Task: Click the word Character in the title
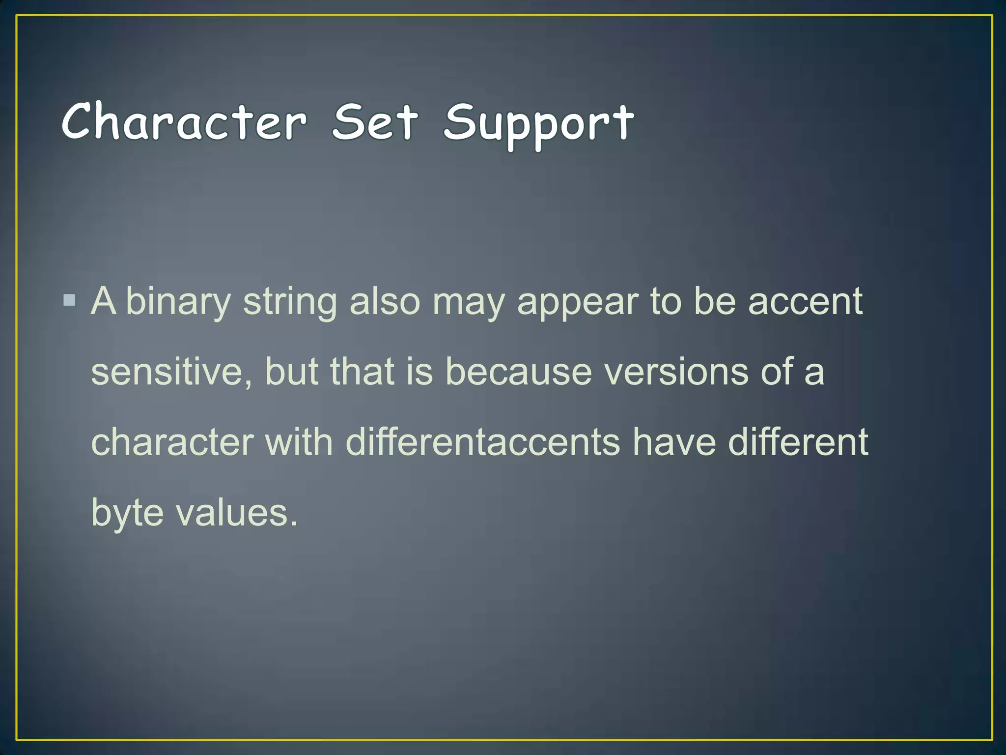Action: (185, 121)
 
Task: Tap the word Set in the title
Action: (375, 121)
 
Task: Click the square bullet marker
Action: (70, 300)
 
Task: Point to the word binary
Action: (178, 302)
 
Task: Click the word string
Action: (290, 302)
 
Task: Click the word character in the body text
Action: (172, 442)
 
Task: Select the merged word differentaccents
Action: (483, 442)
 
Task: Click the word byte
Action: (127, 513)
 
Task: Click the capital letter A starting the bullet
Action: (104, 300)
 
